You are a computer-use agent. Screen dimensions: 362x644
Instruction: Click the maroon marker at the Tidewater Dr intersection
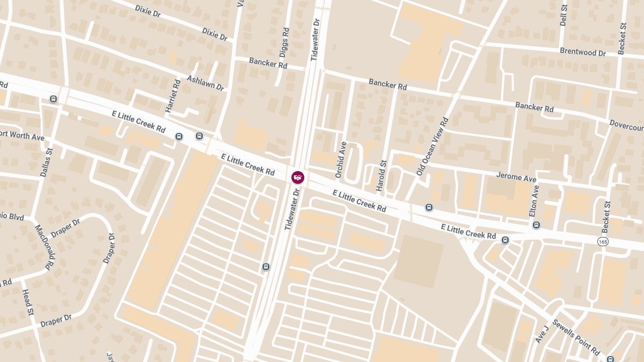click(x=298, y=177)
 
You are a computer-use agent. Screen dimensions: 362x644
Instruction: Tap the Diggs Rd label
click(x=284, y=42)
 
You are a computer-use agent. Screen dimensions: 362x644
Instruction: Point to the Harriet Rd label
click(x=173, y=96)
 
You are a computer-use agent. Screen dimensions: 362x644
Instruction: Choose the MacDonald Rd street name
click(x=45, y=247)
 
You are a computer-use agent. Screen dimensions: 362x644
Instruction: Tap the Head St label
click(x=28, y=302)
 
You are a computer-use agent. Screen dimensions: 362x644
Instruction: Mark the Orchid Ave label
click(x=340, y=160)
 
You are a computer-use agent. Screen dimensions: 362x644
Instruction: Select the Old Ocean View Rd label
click(x=431, y=146)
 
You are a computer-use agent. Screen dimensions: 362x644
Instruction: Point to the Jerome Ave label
click(x=516, y=176)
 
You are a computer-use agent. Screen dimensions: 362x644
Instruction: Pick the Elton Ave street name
click(x=534, y=201)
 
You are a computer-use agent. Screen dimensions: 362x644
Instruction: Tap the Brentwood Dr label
click(x=582, y=53)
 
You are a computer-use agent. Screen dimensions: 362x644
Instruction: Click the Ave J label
click(x=541, y=334)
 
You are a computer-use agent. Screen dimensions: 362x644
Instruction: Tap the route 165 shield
click(x=603, y=242)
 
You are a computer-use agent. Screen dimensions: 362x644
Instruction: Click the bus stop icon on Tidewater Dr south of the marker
click(x=266, y=267)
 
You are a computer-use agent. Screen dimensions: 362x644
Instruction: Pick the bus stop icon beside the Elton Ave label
click(x=536, y=225)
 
